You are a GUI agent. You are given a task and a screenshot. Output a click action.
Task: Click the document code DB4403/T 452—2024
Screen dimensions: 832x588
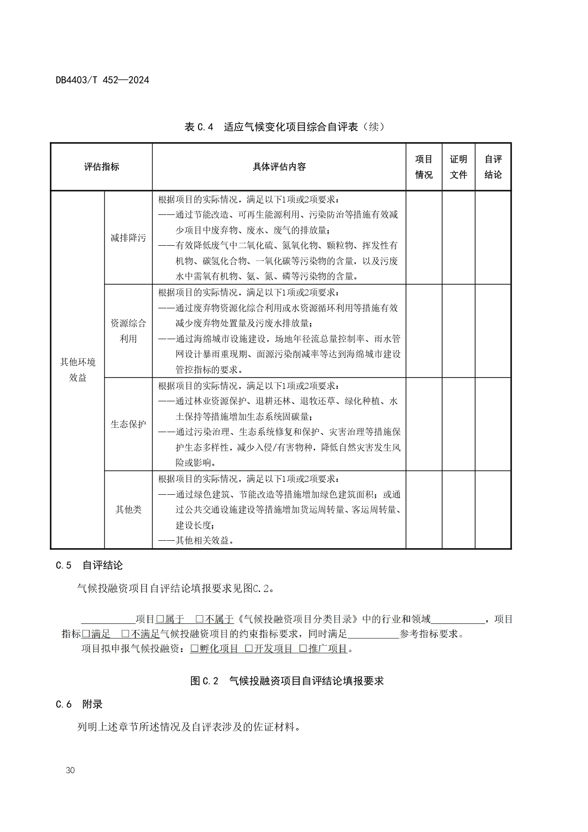[102, 80]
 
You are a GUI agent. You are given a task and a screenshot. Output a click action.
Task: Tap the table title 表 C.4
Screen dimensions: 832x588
[284, 127]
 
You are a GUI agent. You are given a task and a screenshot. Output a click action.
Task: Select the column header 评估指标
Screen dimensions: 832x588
[101, 167]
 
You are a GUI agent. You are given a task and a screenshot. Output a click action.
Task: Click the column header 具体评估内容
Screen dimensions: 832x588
[279, 167]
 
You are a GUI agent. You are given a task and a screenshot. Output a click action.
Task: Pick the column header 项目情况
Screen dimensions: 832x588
[424, 167]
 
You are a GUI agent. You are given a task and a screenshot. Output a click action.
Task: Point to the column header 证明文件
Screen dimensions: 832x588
[458, 167]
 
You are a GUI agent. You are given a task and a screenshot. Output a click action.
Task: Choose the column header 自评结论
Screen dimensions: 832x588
[493, 167]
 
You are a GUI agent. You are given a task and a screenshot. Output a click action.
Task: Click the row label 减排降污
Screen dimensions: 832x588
[128, 238]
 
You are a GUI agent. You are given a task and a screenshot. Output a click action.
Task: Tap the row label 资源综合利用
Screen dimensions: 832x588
[128, 331]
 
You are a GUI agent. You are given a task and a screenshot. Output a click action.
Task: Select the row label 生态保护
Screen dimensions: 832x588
[128, 424]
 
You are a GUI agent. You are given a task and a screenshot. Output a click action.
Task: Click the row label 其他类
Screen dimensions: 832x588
[128, 509]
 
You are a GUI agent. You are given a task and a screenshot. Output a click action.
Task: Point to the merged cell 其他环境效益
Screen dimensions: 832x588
[77, 370]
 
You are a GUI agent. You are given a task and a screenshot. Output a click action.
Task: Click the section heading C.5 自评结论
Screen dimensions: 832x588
[89, 565]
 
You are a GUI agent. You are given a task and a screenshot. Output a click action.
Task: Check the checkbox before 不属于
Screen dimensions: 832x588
[199, 619]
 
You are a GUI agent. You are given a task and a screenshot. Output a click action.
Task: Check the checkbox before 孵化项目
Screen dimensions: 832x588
[194, 648]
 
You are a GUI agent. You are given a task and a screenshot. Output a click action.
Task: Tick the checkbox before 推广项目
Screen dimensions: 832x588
[303, 648]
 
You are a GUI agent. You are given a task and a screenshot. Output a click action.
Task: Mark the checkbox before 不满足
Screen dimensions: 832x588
[126, 634]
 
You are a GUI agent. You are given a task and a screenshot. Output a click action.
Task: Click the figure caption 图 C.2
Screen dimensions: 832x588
[287, 681]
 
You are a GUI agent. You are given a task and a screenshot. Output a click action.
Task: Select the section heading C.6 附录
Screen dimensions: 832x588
[79, 704]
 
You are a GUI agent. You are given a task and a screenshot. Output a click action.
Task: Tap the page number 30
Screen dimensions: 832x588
[71, 770]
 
